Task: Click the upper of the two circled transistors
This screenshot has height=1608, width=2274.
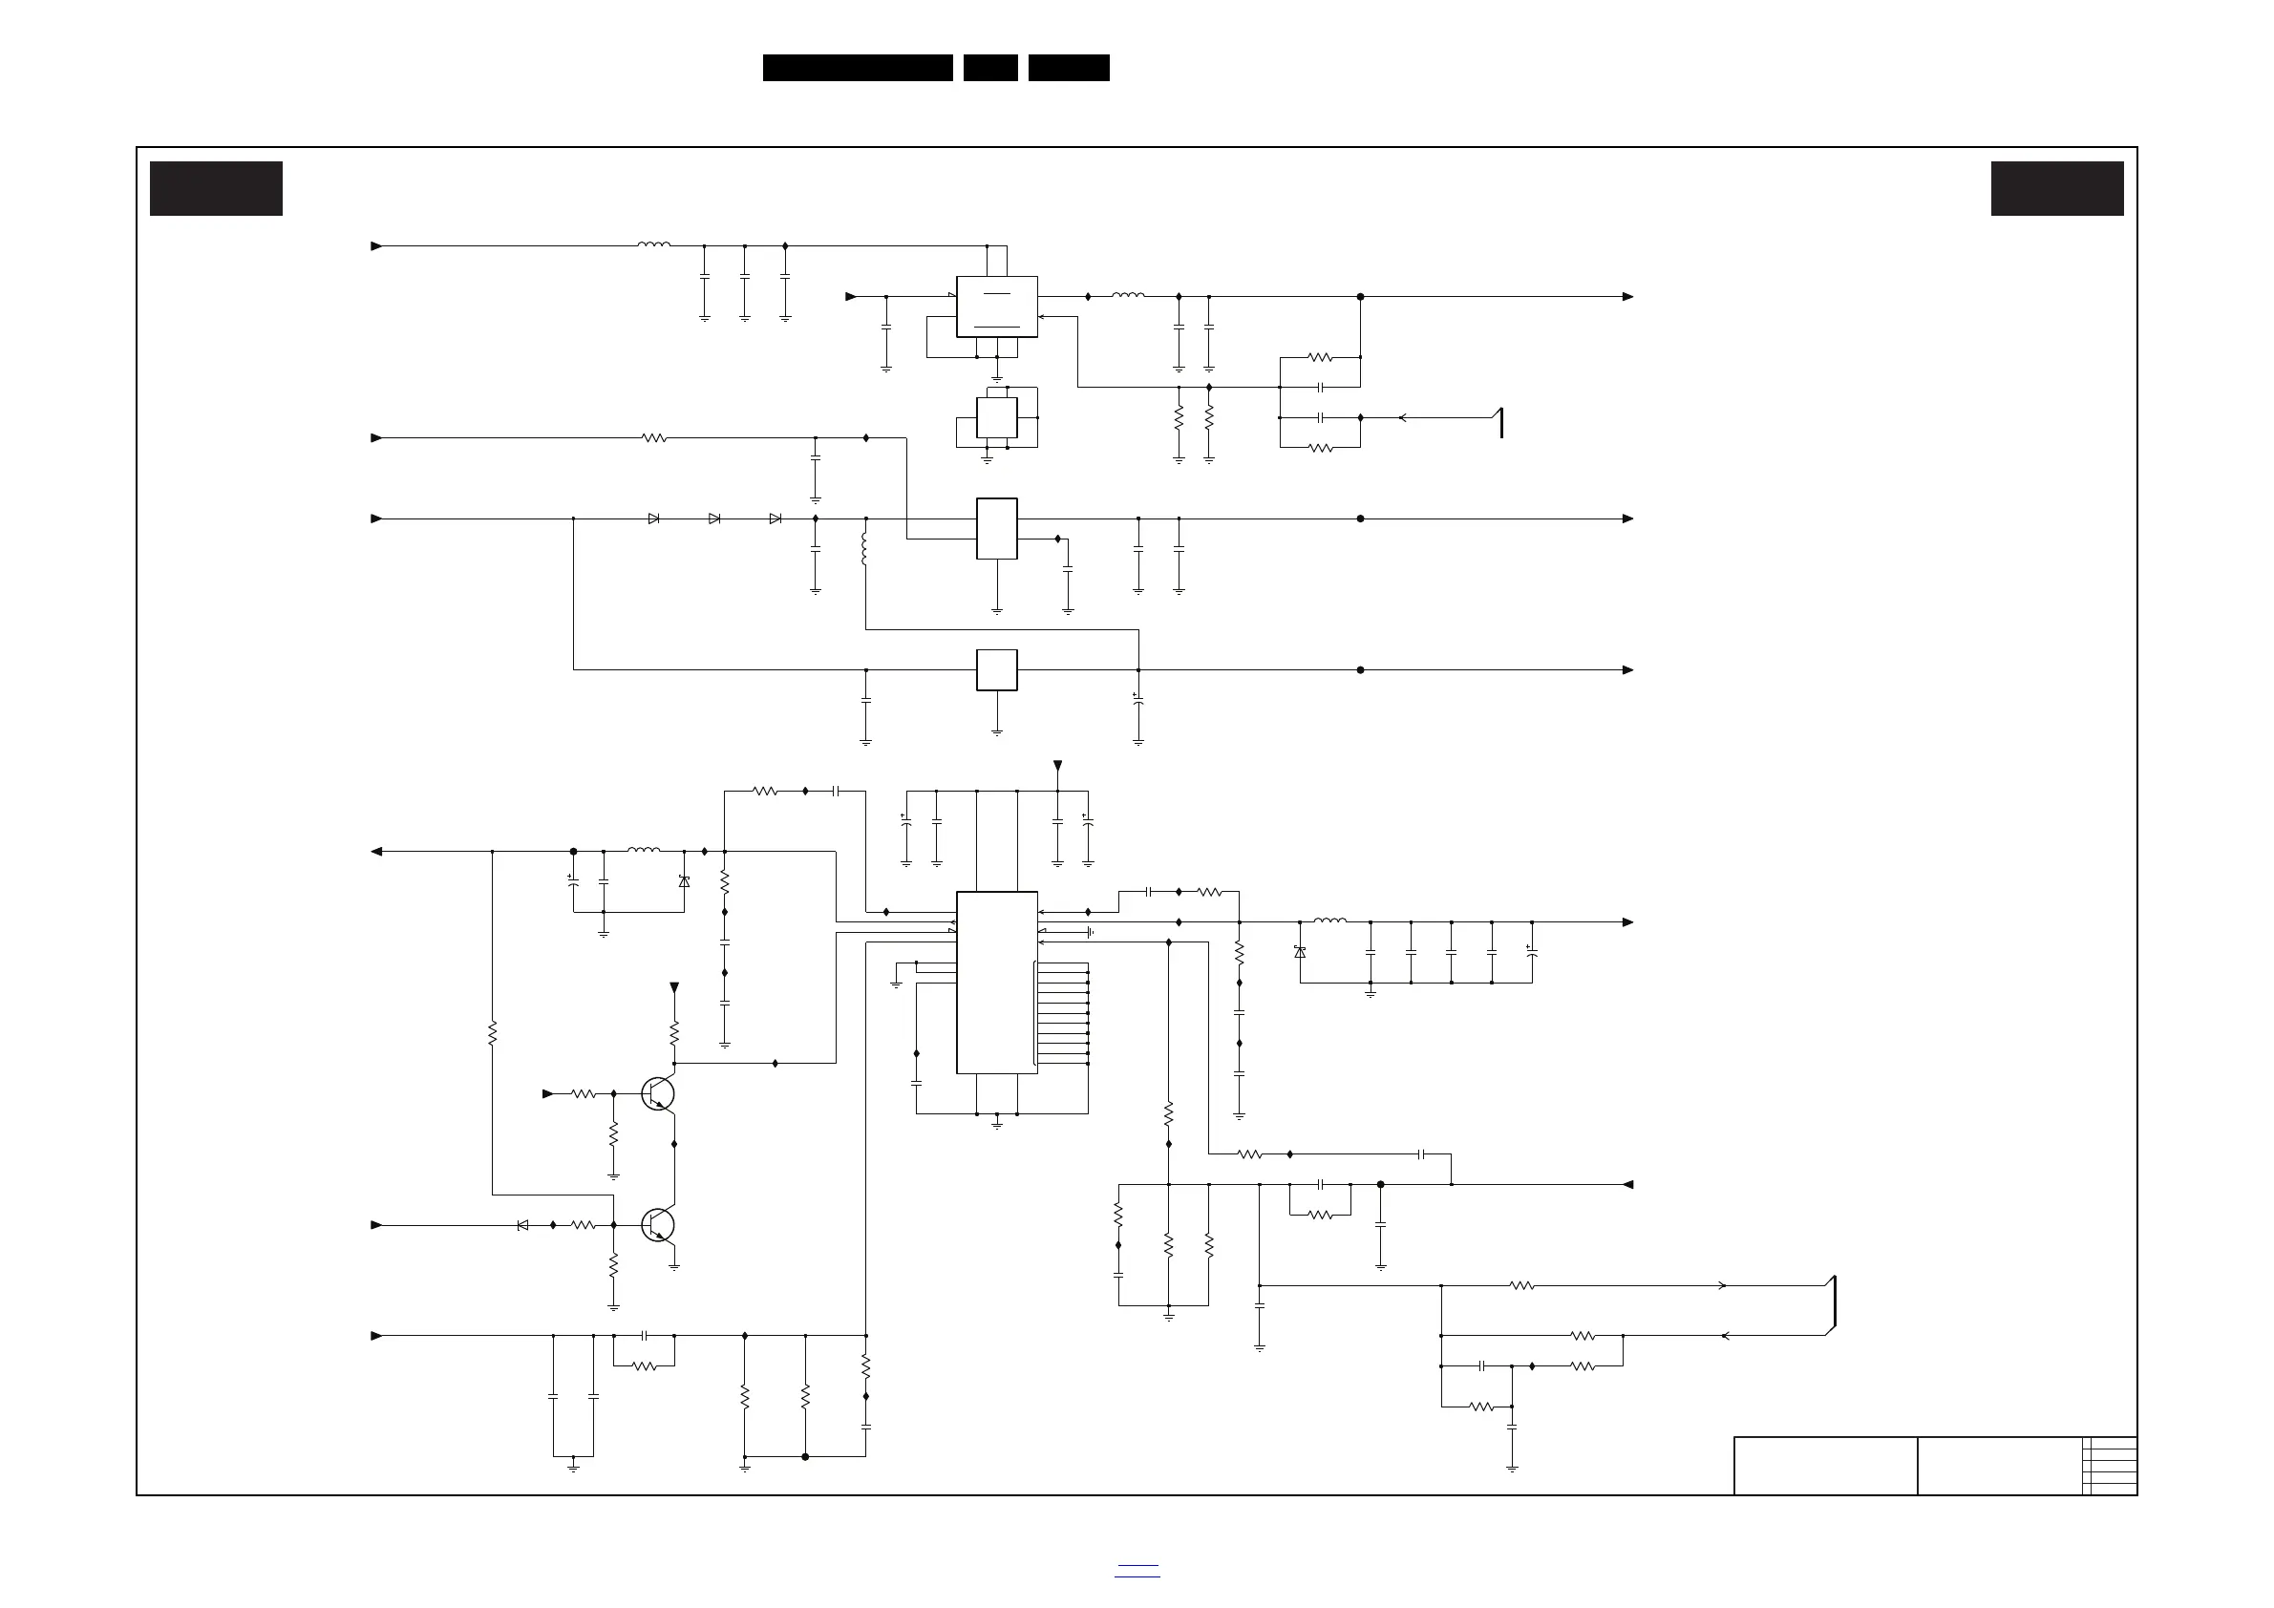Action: pos(659,1094)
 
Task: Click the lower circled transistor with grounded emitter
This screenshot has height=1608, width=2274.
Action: pos(659,1226)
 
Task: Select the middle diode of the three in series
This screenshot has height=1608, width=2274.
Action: pos(714,518)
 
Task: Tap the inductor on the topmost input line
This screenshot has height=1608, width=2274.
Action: pos(653,244)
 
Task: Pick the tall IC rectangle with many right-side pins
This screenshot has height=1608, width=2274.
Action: pos(996,983)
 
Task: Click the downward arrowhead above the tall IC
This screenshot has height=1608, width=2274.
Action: pos(1058,766)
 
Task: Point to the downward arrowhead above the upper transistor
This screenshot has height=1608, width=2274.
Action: pos(674,987)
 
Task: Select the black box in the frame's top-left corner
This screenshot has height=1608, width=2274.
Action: pos(216,188)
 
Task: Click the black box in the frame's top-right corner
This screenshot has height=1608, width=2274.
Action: pos(2057,188)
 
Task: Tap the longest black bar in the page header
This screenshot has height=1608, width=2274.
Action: pos(858,68)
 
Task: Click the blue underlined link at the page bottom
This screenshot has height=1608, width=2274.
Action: pos(1137,1571)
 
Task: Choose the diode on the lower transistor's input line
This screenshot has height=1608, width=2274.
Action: pos(523,1226)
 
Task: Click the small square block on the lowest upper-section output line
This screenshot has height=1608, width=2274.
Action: pos(996,670)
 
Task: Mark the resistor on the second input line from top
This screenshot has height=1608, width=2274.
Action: pos(653,437)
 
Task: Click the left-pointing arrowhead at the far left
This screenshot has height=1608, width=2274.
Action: pos(376,852)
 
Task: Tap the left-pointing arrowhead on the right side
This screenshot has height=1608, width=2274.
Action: pos(1627,1184)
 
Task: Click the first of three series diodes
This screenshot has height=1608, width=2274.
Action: pos(653,518)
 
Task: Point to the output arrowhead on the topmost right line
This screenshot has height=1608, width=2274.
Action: pos(1627,297)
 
